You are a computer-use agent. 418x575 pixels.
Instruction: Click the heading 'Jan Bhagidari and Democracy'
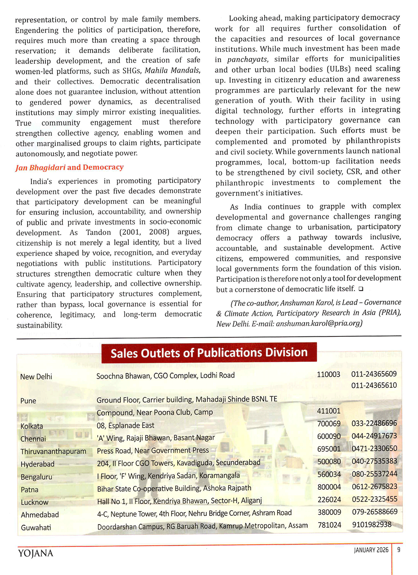click(69, 167)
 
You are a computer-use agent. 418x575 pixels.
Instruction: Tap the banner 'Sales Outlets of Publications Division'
click(209, 353)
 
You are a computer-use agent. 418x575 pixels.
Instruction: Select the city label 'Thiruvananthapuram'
click(54, 451)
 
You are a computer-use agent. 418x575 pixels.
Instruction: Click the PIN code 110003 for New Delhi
click(329, 374)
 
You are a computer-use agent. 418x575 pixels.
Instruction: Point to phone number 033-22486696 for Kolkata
click(374, 423)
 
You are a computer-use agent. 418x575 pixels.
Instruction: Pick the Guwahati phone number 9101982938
click(372, 524)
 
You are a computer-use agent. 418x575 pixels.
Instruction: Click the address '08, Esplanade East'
click(125, 425)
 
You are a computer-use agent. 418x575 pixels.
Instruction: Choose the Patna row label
click(30, 489)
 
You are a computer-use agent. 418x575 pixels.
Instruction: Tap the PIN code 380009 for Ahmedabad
click(329, 512)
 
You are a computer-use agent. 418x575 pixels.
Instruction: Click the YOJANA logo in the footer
click(36, 553)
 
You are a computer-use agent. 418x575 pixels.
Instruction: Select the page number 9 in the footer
click(399, 550)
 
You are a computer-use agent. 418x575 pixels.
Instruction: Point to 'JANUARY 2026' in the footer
click(371, 550)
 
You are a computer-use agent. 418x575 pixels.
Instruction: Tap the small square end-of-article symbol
click(361, 289)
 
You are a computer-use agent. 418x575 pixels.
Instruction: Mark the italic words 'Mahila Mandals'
click(172, 70)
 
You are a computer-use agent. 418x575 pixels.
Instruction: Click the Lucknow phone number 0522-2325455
click(375, 499)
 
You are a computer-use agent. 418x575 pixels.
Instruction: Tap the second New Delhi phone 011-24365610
click(374, 385)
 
